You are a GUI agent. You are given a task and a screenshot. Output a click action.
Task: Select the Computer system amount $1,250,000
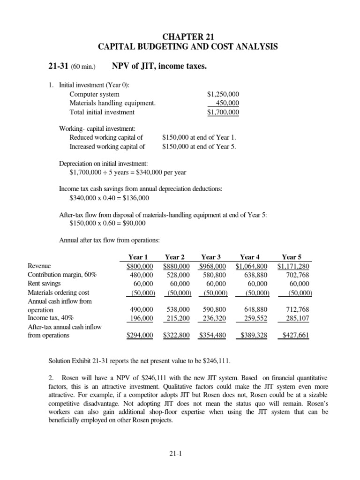coord(223,94)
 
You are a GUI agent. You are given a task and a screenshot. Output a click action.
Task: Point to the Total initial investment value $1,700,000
coord(223,112)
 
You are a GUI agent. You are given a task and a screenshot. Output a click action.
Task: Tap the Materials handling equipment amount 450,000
coord(227,103)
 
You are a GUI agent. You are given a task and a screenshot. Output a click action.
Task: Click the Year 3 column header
coord(211,256)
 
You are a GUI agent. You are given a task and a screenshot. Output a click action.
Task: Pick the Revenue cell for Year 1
coord(140,266)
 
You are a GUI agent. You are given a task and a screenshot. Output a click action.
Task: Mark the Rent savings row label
coord(47,284)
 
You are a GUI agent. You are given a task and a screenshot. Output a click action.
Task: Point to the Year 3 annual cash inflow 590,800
coord(213,310)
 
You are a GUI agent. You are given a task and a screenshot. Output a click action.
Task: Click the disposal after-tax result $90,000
coord(130,223)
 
